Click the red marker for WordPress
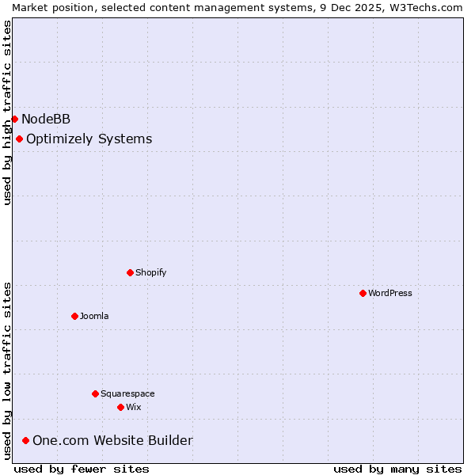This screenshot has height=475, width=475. pyautogui.click(x=363, y=293)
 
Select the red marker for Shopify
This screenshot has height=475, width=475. pyautogui.click(x=130, y=272)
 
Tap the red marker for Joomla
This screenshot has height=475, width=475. pyautogui.click(x=74, y=316)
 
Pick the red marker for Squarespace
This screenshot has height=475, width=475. pyautogui.click(x=95, y=393)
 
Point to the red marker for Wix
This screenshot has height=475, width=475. pyautogui.click(x=120, y=407)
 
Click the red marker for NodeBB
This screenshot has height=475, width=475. pyautogui.click(x=14, y=119)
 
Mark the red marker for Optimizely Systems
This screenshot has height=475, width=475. pyautogui.click(x=19, y=139)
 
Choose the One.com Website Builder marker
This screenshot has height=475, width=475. pyautogui.click(x=25, y=440)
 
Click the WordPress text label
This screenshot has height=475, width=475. pyautogui.click(x=390, y=293)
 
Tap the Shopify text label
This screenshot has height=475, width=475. pyautogui.click(x=150, y=272)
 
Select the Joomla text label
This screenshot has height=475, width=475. pyautogui.click(x=94, y=316)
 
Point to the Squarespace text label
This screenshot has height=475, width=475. pyautogui.click(x=127, y=393)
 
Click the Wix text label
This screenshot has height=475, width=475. pyautogui.click(x=133, y=407)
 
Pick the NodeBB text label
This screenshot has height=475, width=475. pyautogui.click(x=46, y=119)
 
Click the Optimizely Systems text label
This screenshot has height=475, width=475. pyautogui.click(x=89, y=139)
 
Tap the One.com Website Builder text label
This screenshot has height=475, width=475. pyautogui.click(x=112, y=440)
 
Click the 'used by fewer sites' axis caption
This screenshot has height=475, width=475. pyautogui.click(x=82, y=469)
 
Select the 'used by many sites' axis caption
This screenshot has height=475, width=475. pyautogui.click(x=397, y=469)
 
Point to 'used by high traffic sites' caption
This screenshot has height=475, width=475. pyautogui.click(x=7, y=112)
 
